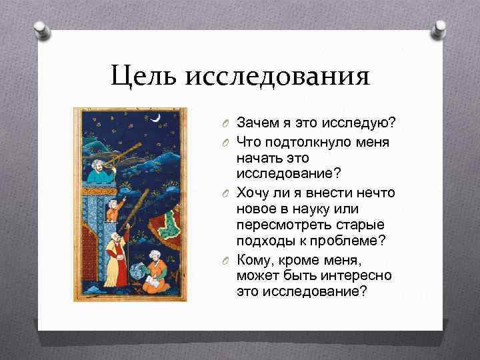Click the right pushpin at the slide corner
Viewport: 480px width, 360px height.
(x=440, y=29)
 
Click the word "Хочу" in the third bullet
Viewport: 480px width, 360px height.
(x=251, y=193)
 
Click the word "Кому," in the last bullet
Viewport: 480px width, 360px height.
(x=253, y=259)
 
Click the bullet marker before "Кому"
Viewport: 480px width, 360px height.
(x=227, y=260)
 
